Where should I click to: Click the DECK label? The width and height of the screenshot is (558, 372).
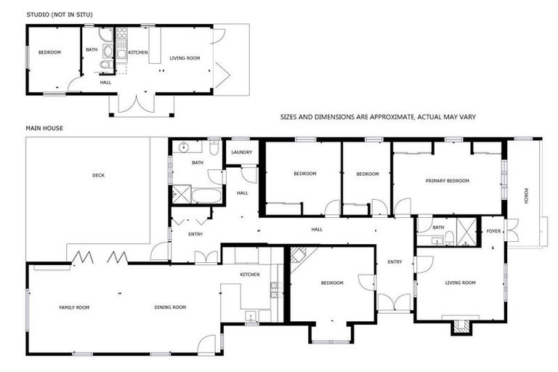click(98, 175)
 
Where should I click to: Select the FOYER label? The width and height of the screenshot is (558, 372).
click(493, 232)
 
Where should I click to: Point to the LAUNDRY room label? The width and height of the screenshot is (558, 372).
click(241, 152)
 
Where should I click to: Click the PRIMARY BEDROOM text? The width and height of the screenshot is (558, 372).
click(447, 181)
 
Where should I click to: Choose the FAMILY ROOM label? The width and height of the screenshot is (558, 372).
click(74, 307)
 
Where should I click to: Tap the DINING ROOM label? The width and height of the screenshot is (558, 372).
click(170, 307)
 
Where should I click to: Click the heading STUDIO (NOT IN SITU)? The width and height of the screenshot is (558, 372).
click(60, 15)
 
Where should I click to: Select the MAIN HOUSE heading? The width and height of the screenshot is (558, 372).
click(44, 129)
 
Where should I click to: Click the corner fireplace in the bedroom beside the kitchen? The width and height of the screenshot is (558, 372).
click(299, 255)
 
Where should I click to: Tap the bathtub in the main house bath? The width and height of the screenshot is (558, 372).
click(198, 195)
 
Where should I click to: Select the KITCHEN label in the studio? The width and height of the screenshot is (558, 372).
click(138, 52)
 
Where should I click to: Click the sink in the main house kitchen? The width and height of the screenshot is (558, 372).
click(251, 315)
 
